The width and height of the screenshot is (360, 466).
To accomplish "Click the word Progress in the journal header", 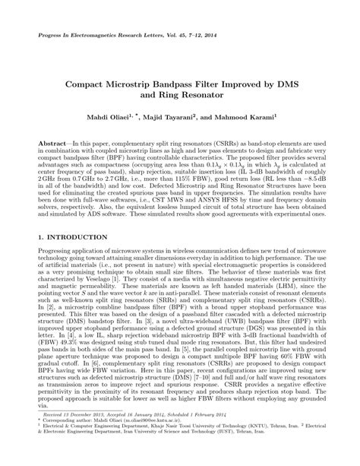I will (48, 36).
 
